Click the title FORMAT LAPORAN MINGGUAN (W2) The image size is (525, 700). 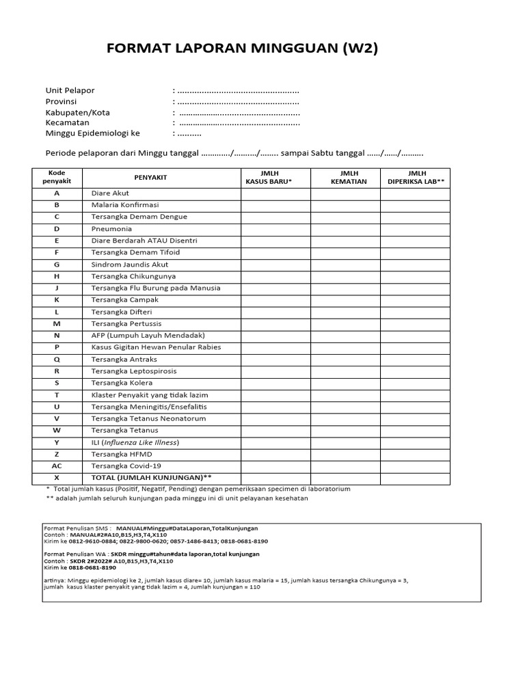pos(243,49)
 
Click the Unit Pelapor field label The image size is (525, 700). pos(70,90)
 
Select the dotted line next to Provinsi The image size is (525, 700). pos(238,101)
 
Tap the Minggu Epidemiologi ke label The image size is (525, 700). pos(92,134)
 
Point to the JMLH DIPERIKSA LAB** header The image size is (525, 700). pos(416,178)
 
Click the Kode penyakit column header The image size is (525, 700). pos(57,178)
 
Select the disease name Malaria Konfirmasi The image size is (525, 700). pos(125,205)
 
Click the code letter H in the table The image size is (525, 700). pos(57,276)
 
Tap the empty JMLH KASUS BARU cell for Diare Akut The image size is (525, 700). pos(275,193)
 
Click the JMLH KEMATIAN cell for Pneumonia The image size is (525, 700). pos(345,229)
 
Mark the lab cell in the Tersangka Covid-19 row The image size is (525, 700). pos(415,466)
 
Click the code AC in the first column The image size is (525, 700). pos(57,466)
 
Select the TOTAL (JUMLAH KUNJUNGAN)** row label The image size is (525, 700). pos(147,478)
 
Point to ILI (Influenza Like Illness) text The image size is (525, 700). pos(135,442)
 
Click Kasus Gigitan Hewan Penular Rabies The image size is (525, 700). pos(157,347)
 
